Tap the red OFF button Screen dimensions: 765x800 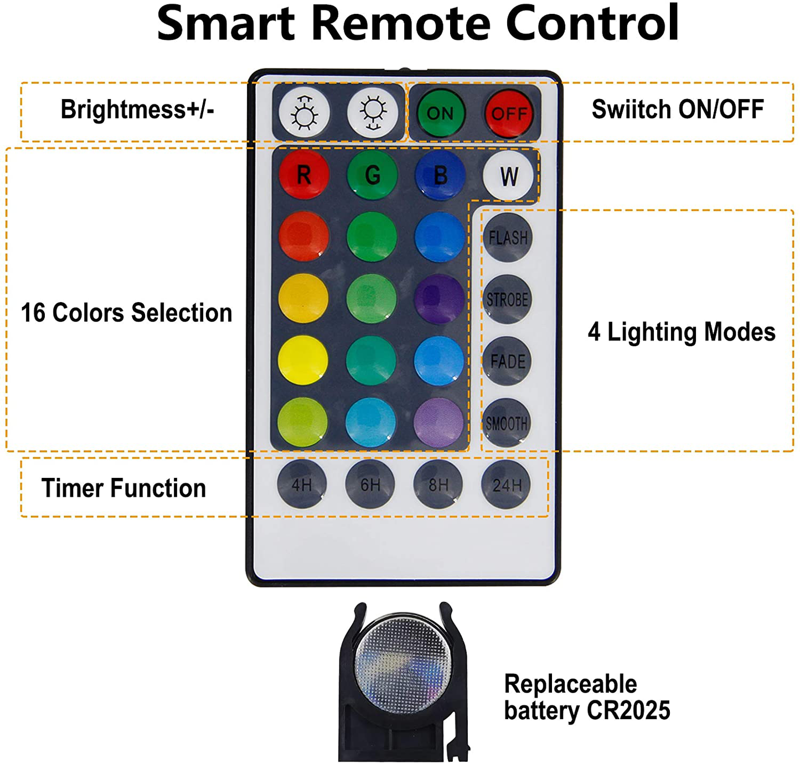point(509,113)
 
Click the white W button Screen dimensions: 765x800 point(508,176)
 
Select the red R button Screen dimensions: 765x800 point(303,175)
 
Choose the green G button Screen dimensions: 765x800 point(372,175)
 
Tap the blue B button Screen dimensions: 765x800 point(440,175)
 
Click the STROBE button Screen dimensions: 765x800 point(507,299)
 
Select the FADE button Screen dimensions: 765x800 point(507,361)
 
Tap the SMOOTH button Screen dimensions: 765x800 point(507,423)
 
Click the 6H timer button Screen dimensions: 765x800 point(370,485)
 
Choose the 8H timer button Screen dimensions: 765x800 point(438,485)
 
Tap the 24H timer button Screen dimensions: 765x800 point(507,485)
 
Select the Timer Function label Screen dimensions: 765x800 point(123,488)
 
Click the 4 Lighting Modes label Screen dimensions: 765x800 point(681,332)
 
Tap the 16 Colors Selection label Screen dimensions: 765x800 point(126,313)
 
